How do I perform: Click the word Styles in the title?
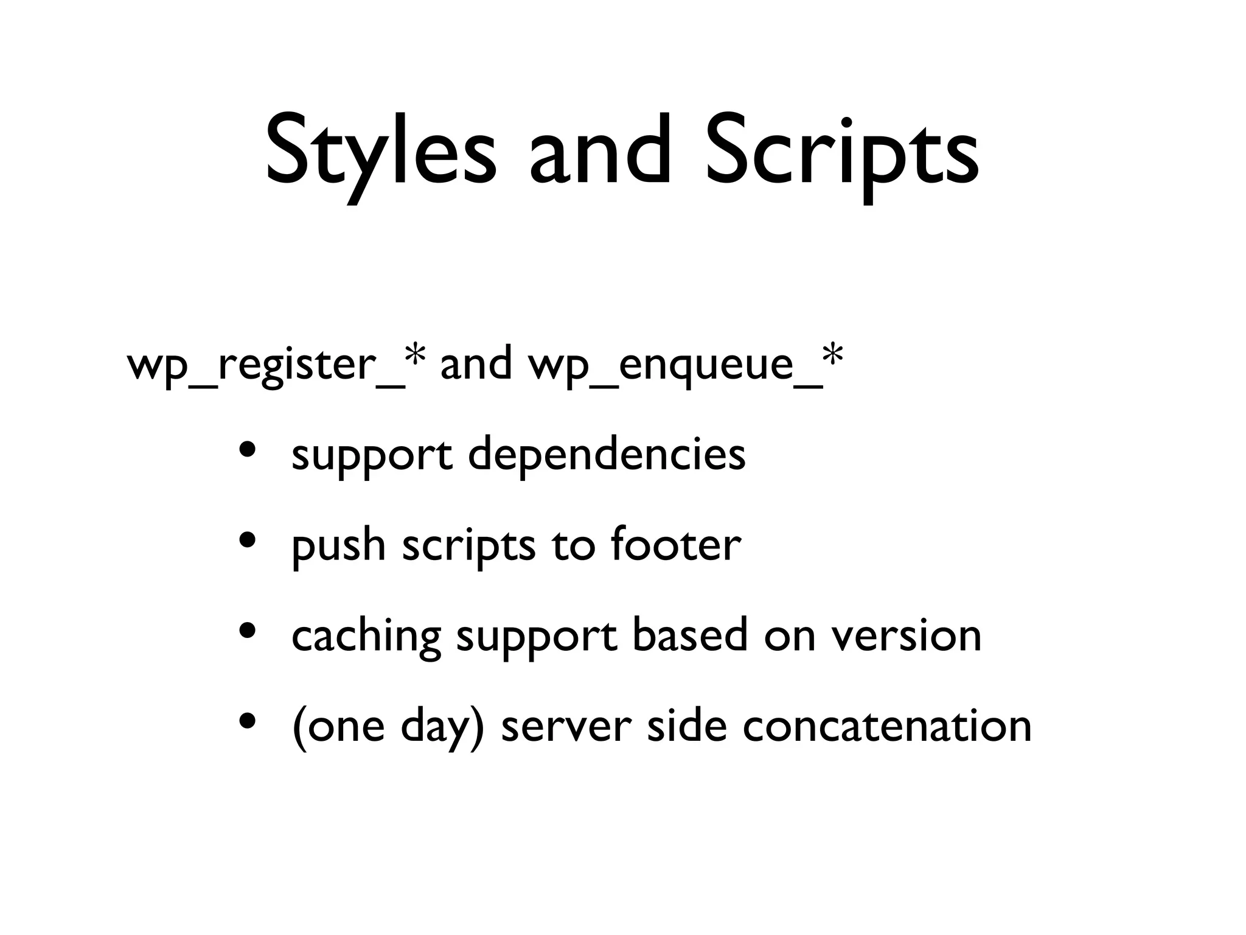click(380, 151)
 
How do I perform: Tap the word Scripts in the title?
click(842, 151)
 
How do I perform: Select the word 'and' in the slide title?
click(599, 151)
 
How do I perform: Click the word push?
click(338, 545)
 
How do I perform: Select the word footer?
click(676, 544)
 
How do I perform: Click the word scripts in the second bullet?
click(468, 545)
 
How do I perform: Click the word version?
click(907, 635)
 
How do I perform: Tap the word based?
click(689, 635)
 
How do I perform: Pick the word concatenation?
click(887, 726)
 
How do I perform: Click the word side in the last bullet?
click(686, 726)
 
